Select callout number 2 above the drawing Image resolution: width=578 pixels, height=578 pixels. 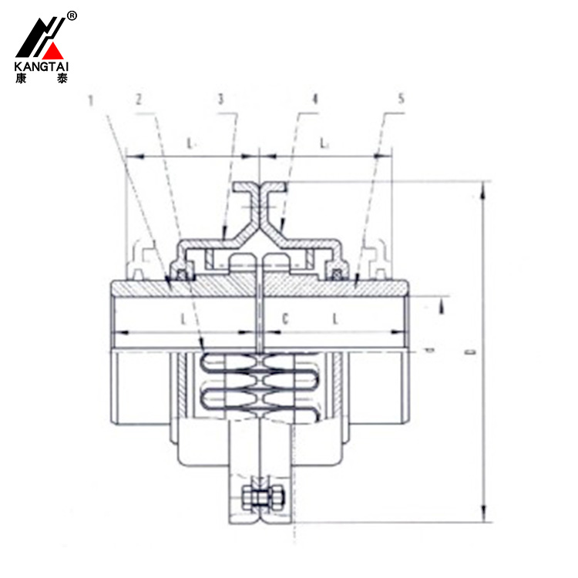point(138,100)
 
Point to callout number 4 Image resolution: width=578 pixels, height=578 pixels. point(314,100)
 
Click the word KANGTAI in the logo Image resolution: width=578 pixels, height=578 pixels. point(41,66)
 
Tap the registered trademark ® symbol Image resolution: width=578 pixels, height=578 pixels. point(72,15)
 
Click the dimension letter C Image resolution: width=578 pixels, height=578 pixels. point(285,318)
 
